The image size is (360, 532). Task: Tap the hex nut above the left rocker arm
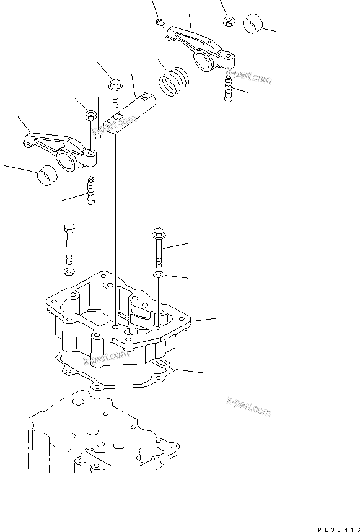pyautogui.click(x=89, y=115)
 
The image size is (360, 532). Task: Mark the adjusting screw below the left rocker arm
pyautogui.click(x=92, y=190)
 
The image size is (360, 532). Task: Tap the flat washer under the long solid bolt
pyautogui.click(x=159, y=274)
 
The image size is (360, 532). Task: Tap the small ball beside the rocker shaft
pyautogui.click(x=98, y=135)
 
